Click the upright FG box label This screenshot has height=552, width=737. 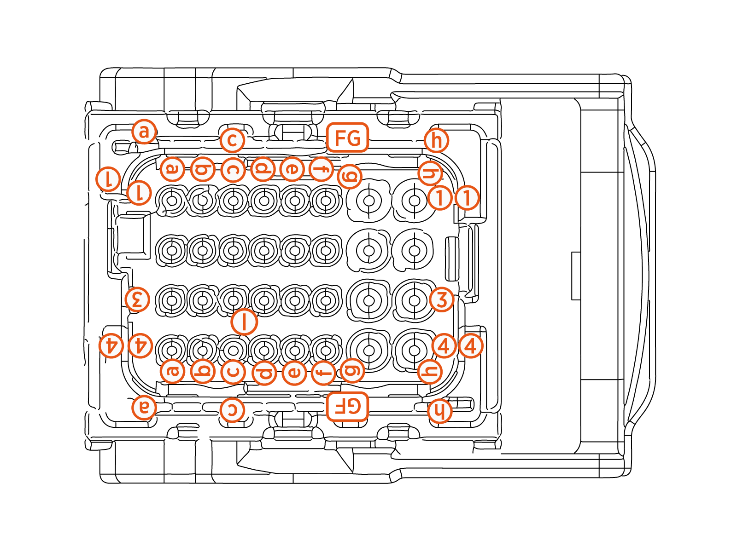click(x=347, y=138)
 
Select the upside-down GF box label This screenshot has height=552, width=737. click(x=347, y=407)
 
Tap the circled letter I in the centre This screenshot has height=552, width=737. click(x=244, y=321)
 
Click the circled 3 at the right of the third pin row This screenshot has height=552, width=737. click(x=441, y=299)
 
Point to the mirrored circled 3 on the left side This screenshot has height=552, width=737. click(x=137, y=299)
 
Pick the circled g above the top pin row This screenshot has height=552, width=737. click(x=349, y=176)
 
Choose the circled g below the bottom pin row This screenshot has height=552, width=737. click(x=352, y=370)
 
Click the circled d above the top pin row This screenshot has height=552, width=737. click(x=263, y=169)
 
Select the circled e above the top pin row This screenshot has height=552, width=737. click(x=292, y=169)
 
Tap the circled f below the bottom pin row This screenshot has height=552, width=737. click(x=323, y=372)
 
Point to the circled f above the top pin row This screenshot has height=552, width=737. click(x=321, y=169)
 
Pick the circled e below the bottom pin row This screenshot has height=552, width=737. click(x=294, y=372)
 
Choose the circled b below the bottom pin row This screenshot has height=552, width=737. click(x=203, y=371)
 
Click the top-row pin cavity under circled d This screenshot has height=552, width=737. click(x=264, y=201)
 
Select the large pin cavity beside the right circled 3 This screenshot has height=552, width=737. click(x=414, y=300)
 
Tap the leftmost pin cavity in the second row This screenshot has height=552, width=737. click(x=172, y=251)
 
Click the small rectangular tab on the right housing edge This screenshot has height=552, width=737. click(x=576, y=276)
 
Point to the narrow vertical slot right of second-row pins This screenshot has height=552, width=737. click(x=452, y=259)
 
